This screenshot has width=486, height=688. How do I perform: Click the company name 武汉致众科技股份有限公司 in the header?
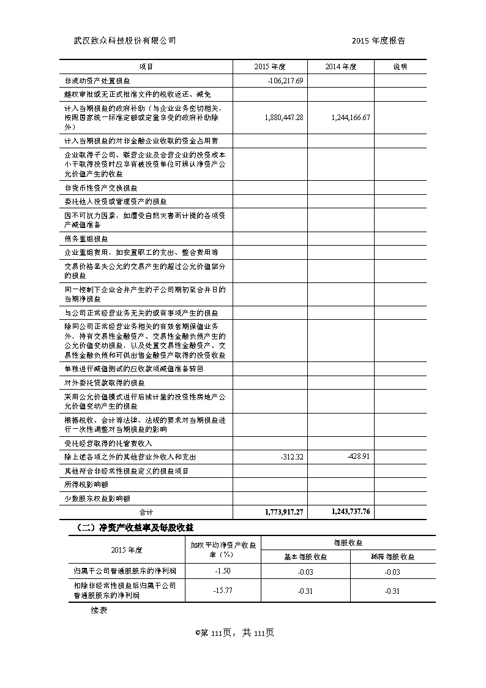(124, 40)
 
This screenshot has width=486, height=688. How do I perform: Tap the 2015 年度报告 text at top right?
(378, 40)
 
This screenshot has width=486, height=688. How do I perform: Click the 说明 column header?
(400, 66)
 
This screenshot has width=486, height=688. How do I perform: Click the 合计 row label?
(146, 512)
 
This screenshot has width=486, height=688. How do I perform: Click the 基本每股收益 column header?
(305, 557)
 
